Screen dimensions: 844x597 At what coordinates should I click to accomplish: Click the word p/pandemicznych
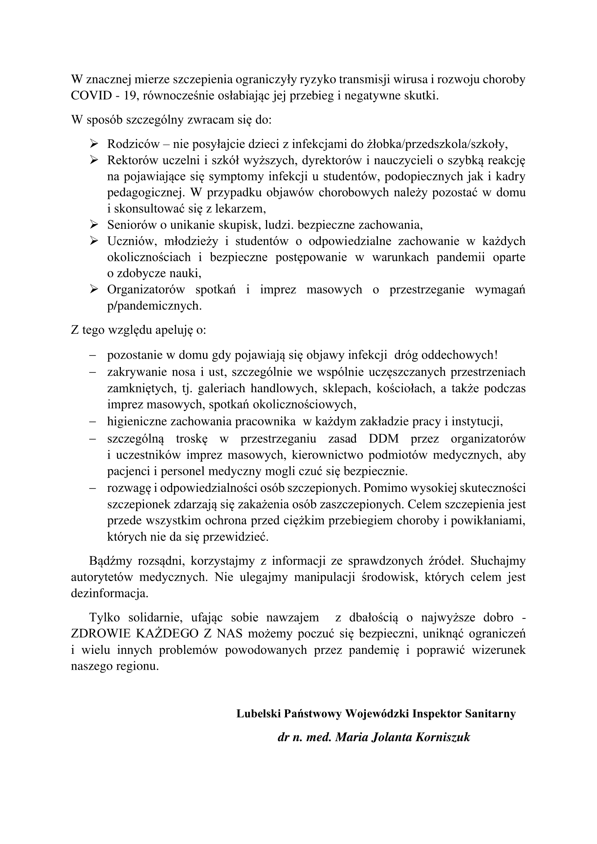154,306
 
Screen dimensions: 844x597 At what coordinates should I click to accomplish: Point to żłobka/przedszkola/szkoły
437,144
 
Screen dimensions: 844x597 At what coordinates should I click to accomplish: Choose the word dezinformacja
110,594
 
